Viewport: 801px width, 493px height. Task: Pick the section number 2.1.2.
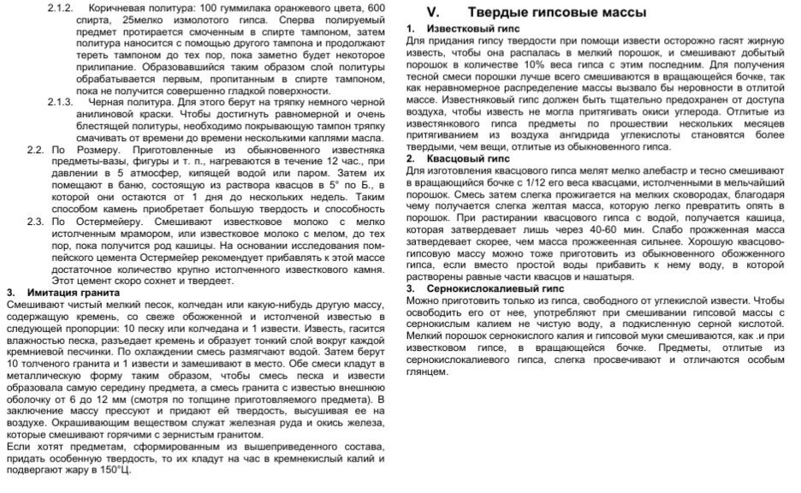(x=61, y=7)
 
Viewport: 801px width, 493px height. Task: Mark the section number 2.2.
(x=34, y=150)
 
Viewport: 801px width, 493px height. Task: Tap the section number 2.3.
(x=34, y=221)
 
